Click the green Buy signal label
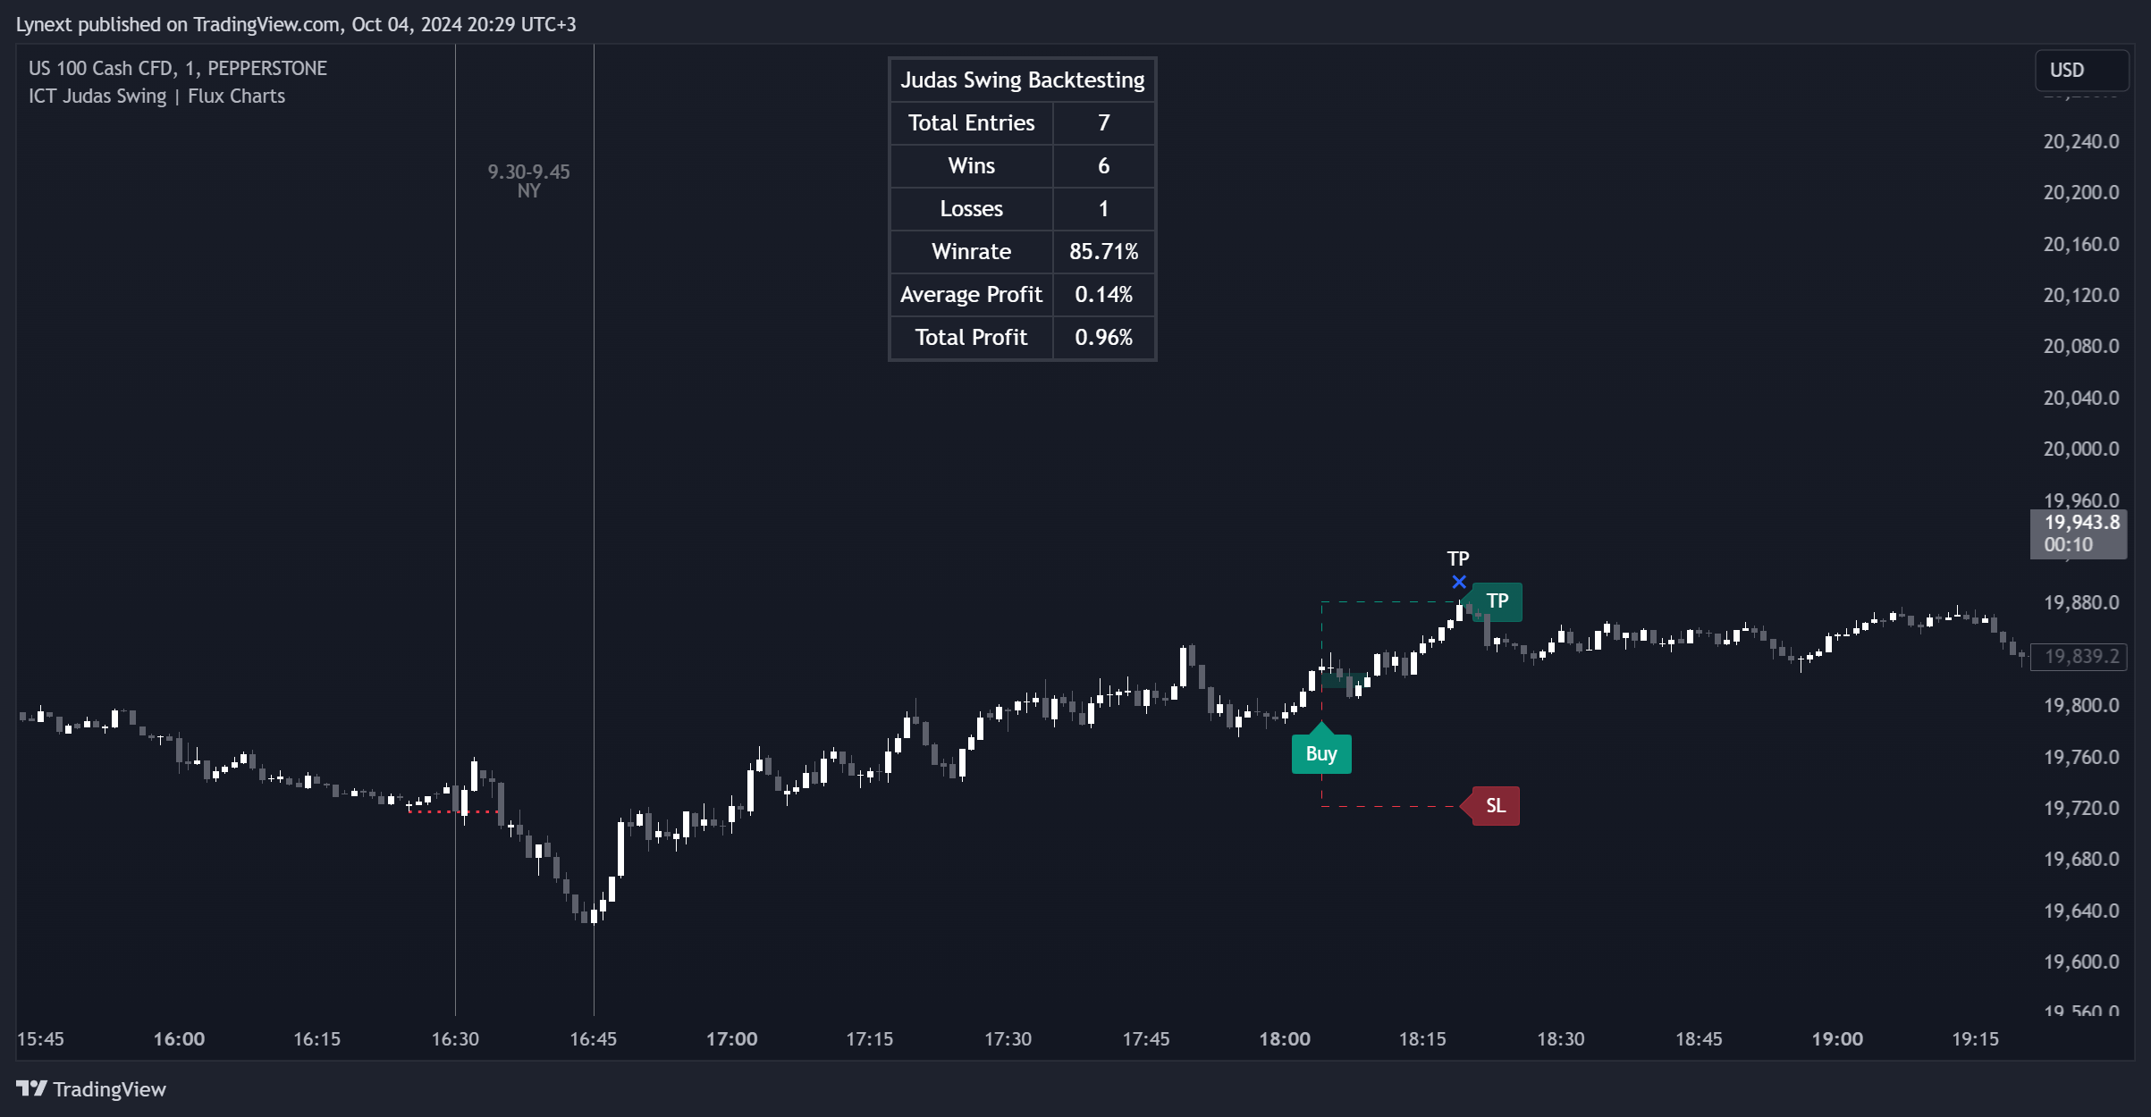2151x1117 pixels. point(1320,754)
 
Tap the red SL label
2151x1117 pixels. point(1495,806)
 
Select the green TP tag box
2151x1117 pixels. point(1497,601)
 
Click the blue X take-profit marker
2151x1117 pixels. point(1459,583)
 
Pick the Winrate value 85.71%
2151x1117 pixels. point(1103,252)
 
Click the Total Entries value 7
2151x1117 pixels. point(1103,123)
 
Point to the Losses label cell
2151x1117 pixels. point(971,209)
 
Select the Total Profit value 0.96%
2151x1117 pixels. point(1103,338)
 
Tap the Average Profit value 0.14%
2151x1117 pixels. point(1103,295)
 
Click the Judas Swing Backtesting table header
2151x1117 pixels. point(1022,80)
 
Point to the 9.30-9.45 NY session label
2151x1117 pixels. point(528,181)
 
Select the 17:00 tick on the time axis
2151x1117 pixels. point(731,1039)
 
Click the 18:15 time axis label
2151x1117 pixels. point(1421,1039)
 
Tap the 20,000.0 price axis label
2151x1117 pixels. point(2080,449)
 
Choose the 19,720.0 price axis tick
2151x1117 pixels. point(2080,809)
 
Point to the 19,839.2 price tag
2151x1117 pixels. point(2080,657)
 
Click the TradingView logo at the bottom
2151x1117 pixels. point(91,1089)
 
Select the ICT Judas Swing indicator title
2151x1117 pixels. point(156,97)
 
